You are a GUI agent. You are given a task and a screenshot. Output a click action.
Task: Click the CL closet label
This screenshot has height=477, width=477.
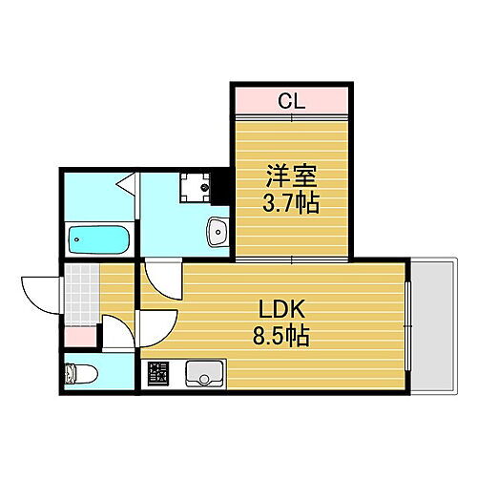[x=292, y=98]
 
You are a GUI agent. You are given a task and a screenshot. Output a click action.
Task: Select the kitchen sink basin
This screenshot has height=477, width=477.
[x=203, y=373]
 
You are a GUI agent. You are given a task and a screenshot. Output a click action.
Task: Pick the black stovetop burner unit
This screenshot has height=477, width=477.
[x=156, y=373]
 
